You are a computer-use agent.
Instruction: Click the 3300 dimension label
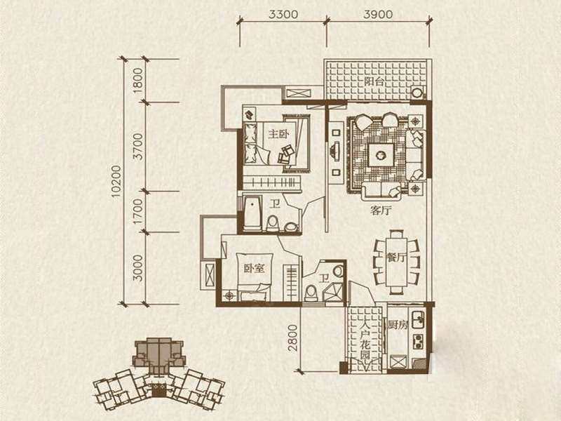(x=283, y=14)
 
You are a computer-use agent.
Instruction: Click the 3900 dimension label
(x=378, y=14)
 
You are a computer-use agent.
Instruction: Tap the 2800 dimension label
(x=293, y=338)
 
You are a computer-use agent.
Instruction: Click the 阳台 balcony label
(x=374, y=81)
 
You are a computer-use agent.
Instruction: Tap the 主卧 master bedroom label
(x=278, y=134)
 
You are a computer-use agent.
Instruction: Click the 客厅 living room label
(x=381, y=211)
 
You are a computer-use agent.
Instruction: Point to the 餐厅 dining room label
(x=396, y=257)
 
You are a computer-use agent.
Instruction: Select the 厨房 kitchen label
(x=398, y=325)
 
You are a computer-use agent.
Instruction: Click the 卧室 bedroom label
(x=254, y=269)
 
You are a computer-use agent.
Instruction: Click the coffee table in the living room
(x=381, y=154)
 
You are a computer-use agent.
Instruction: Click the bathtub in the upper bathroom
(x=252, y=213)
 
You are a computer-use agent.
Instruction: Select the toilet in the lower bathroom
(x=311, y=293)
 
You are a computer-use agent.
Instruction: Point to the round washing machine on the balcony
(x=417, y=93)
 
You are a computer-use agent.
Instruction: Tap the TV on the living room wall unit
(x=335, y=150)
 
